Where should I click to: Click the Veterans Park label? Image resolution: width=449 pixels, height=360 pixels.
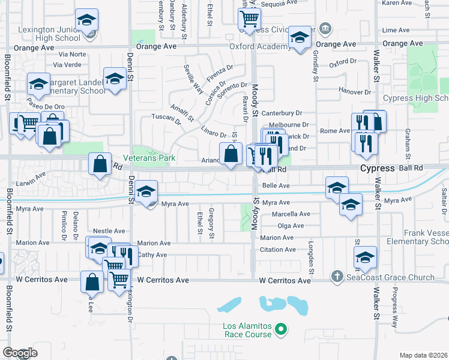click(x=149, y=158)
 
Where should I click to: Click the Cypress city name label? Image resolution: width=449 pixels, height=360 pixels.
click(x=376, y=169)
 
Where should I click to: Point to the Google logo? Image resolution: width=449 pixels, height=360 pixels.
click(x=20, y=353)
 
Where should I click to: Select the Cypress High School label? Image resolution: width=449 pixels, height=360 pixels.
click(x=423, y=98)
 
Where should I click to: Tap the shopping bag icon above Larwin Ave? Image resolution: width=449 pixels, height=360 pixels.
click(x=100, y=163)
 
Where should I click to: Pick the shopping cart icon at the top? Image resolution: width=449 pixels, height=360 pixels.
click(x=249, y=17)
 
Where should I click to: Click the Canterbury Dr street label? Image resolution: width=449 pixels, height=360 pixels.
click(x=282, y=112)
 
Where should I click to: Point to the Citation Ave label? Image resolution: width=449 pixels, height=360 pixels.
click(x=278, y=250)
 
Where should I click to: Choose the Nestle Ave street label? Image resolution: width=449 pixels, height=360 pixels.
click(x=109, y=230)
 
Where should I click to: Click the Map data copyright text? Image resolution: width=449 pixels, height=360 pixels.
click(x=424, y=355)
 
